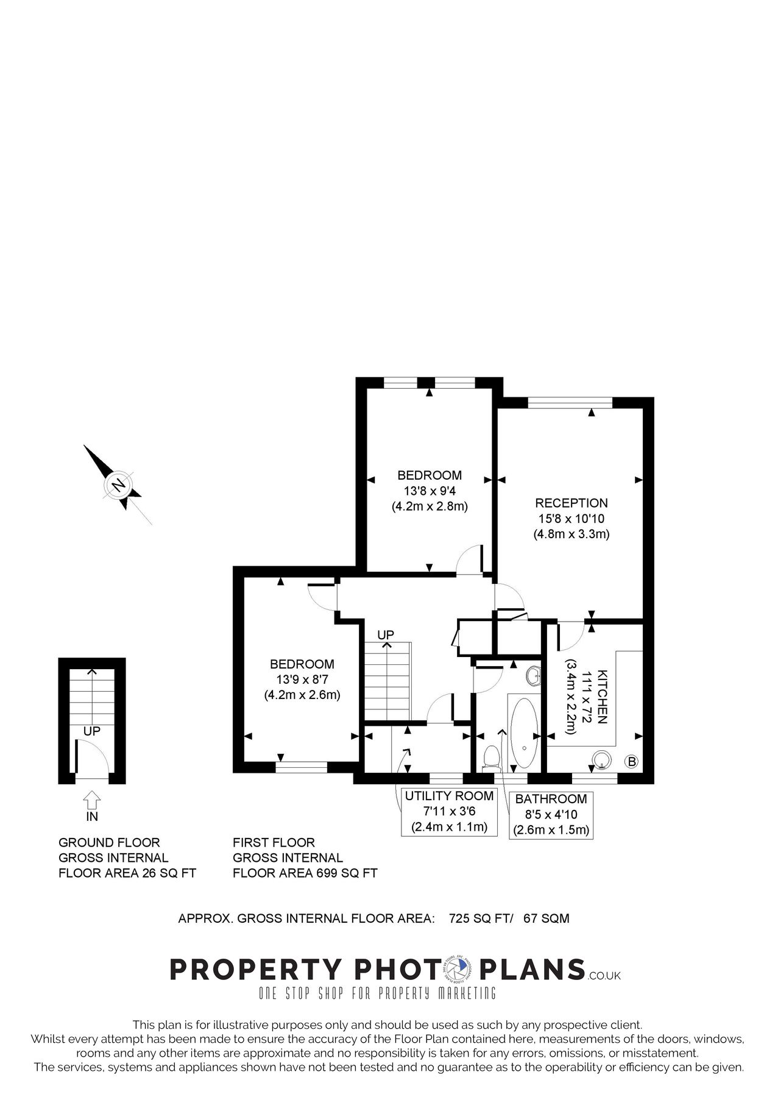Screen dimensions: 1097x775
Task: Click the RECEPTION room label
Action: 571,503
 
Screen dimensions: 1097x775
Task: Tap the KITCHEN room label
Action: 602,697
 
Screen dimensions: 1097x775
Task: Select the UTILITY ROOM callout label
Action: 449,795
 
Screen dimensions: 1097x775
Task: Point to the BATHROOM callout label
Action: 551,799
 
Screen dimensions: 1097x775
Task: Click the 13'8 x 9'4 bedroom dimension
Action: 429,491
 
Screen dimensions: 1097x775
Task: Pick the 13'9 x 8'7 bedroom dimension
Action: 302,679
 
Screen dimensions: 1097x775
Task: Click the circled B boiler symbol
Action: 632,761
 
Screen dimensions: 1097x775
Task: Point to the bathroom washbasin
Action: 533,675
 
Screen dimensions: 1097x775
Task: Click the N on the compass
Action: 119,485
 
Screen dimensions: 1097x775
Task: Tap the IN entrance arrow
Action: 91,798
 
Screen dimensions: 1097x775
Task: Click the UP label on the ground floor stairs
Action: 91,731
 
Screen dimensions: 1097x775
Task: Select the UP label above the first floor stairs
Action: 386,635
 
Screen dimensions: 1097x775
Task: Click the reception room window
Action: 570,402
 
